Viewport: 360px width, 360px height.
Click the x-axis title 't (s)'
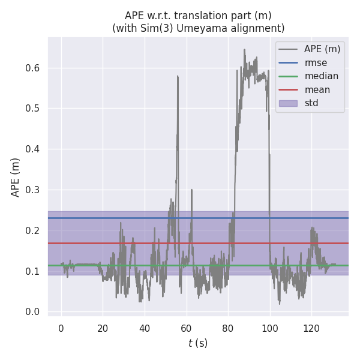point(198,343)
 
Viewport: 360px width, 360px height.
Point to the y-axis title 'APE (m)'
point(16,177)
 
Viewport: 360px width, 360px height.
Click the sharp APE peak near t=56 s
point(178,76)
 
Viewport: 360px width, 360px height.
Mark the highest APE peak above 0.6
point(244,50)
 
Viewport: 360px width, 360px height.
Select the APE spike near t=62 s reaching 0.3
point(191,190)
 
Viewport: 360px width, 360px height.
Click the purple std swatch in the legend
point(289,103)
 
